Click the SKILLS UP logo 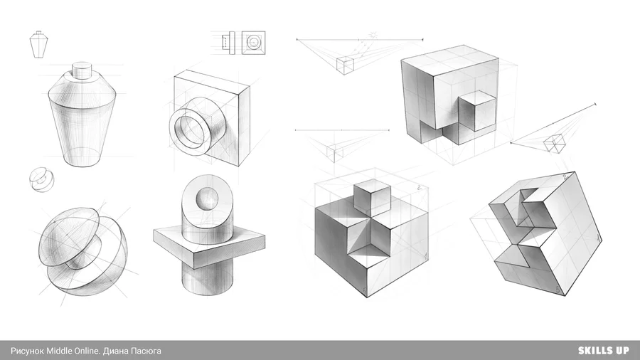603,351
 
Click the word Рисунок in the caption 27,351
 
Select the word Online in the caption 87,351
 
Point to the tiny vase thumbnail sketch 39,45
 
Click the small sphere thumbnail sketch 41,179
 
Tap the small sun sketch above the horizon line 373,36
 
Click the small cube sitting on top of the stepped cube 372,198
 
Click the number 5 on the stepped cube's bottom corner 365,291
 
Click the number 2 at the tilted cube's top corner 565,176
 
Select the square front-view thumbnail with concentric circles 253,43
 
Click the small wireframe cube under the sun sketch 345,65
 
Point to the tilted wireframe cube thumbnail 555,143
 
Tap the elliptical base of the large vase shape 83,157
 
